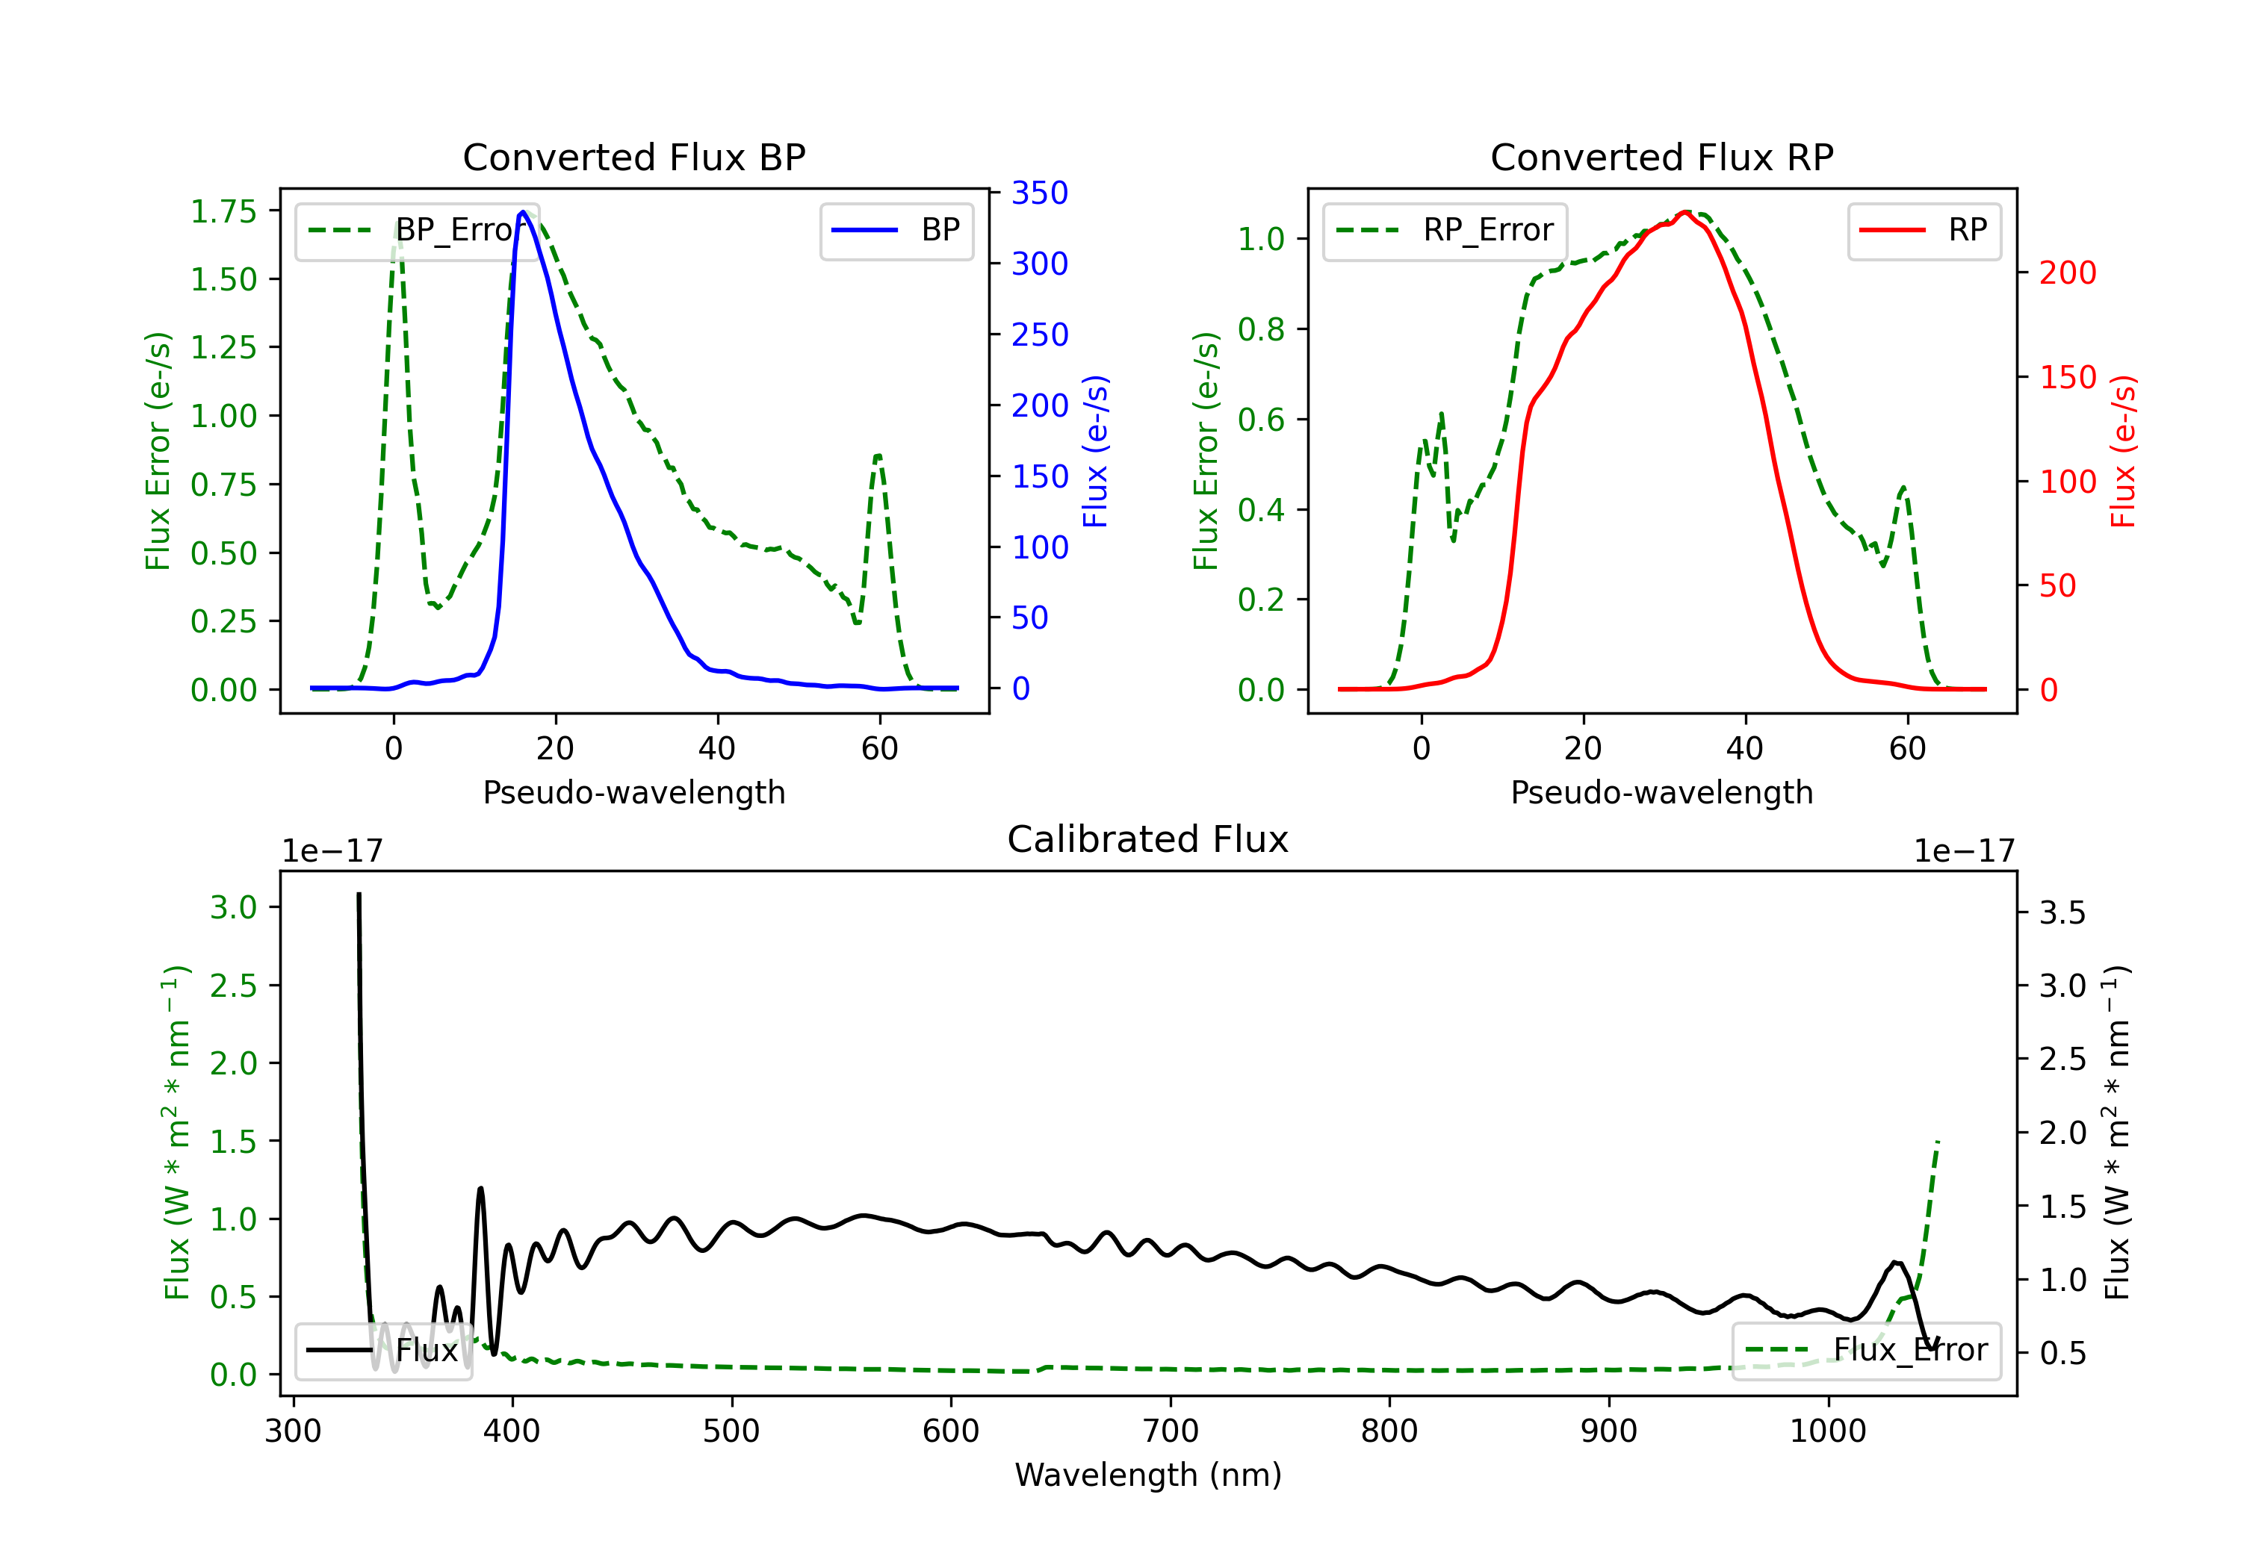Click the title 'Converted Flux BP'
pos(633,157)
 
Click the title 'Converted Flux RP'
pos(1661,157)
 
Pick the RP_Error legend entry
pos(1445,230)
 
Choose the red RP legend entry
pos(1924,230)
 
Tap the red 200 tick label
pos(2067,273)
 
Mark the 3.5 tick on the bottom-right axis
pos(2062,913)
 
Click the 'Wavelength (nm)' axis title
pos(1148,1475)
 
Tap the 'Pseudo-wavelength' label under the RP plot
pos(1661,792)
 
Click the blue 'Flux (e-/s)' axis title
pos(1095,451)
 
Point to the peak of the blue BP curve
pos(523,212)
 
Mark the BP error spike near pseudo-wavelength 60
pos(878,455)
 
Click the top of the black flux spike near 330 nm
pos(359,894)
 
